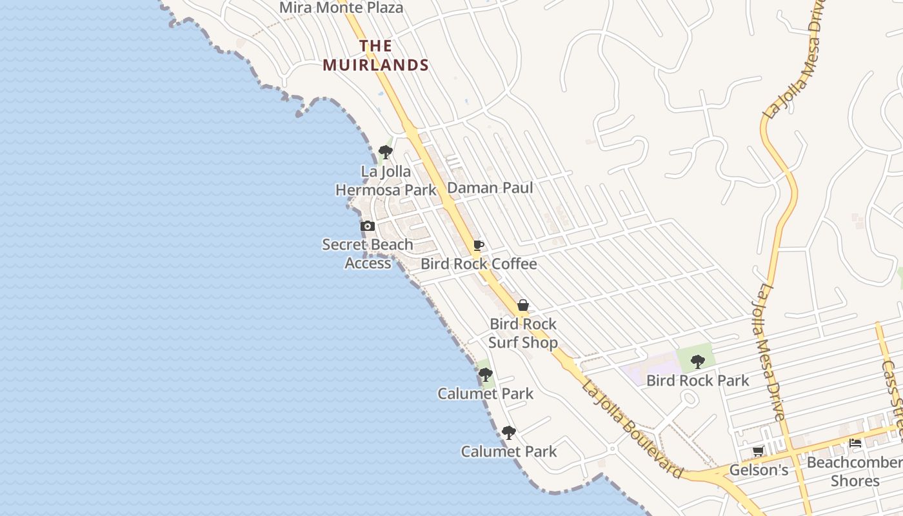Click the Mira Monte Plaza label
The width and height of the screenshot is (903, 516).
pyautogui.click(x=341, y=8)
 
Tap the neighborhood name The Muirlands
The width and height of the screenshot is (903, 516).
pyautogui.click(x=376, y=55)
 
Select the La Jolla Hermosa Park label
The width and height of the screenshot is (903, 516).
pyautogui.click(x=386, y=181)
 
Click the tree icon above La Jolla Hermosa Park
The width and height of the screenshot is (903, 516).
pyautogui.click(x=386, y=152)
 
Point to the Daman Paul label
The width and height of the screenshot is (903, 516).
pyautogui.click(x=490, y=188)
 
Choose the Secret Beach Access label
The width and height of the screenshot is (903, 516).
pyautogui.click(x=368, y=253)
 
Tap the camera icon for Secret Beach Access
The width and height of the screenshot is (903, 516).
pyautogui.click(x=368, y=226)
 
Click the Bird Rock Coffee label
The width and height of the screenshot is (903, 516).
pyautogui.click(x=479, y=264)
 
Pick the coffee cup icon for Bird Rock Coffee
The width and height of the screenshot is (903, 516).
pyautogui.click(x=479, y=245)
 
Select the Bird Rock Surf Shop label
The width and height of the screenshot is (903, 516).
pyautogui.click(x=522, y=333)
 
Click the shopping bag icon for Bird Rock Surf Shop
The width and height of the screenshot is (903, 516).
pyautogui.click(x=523, y=305)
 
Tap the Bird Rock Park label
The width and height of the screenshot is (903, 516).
pyautogui.click(x=697, y=381)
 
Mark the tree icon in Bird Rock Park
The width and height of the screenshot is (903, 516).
pyautogui.click(x=697, y=361)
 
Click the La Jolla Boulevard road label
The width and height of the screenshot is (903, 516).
pyautogui.click(x=632, y=430)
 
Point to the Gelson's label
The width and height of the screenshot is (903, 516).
pyautogui.click(x=759, y=470)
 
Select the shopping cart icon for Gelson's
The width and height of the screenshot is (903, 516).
pyautogui.click(x=759, y=451)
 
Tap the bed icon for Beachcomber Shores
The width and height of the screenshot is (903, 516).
pyautogui.click(x=855, y=443)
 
